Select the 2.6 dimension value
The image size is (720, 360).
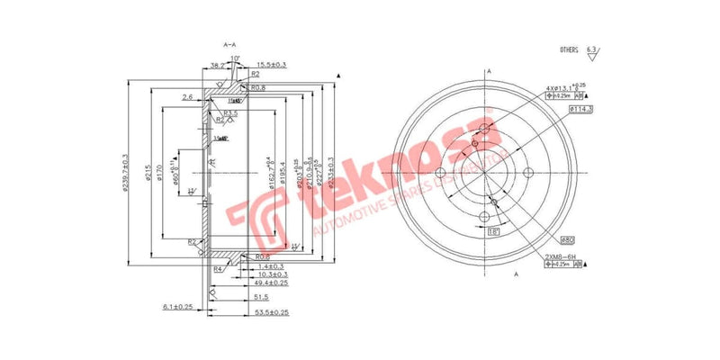tap(187, 96)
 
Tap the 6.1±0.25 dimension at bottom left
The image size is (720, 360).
tap(177, 307)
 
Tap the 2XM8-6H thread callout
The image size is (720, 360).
tap(562, 256)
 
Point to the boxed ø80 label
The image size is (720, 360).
tap(567, 240)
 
